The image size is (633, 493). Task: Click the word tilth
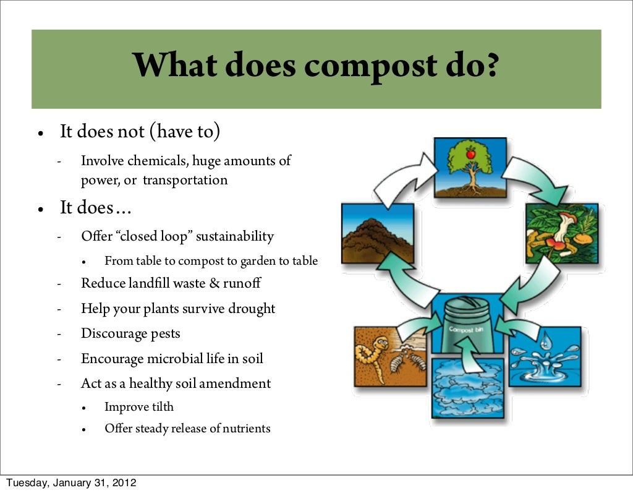[x=159, y=407]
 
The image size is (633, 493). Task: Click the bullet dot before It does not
[x=40, y=133]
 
